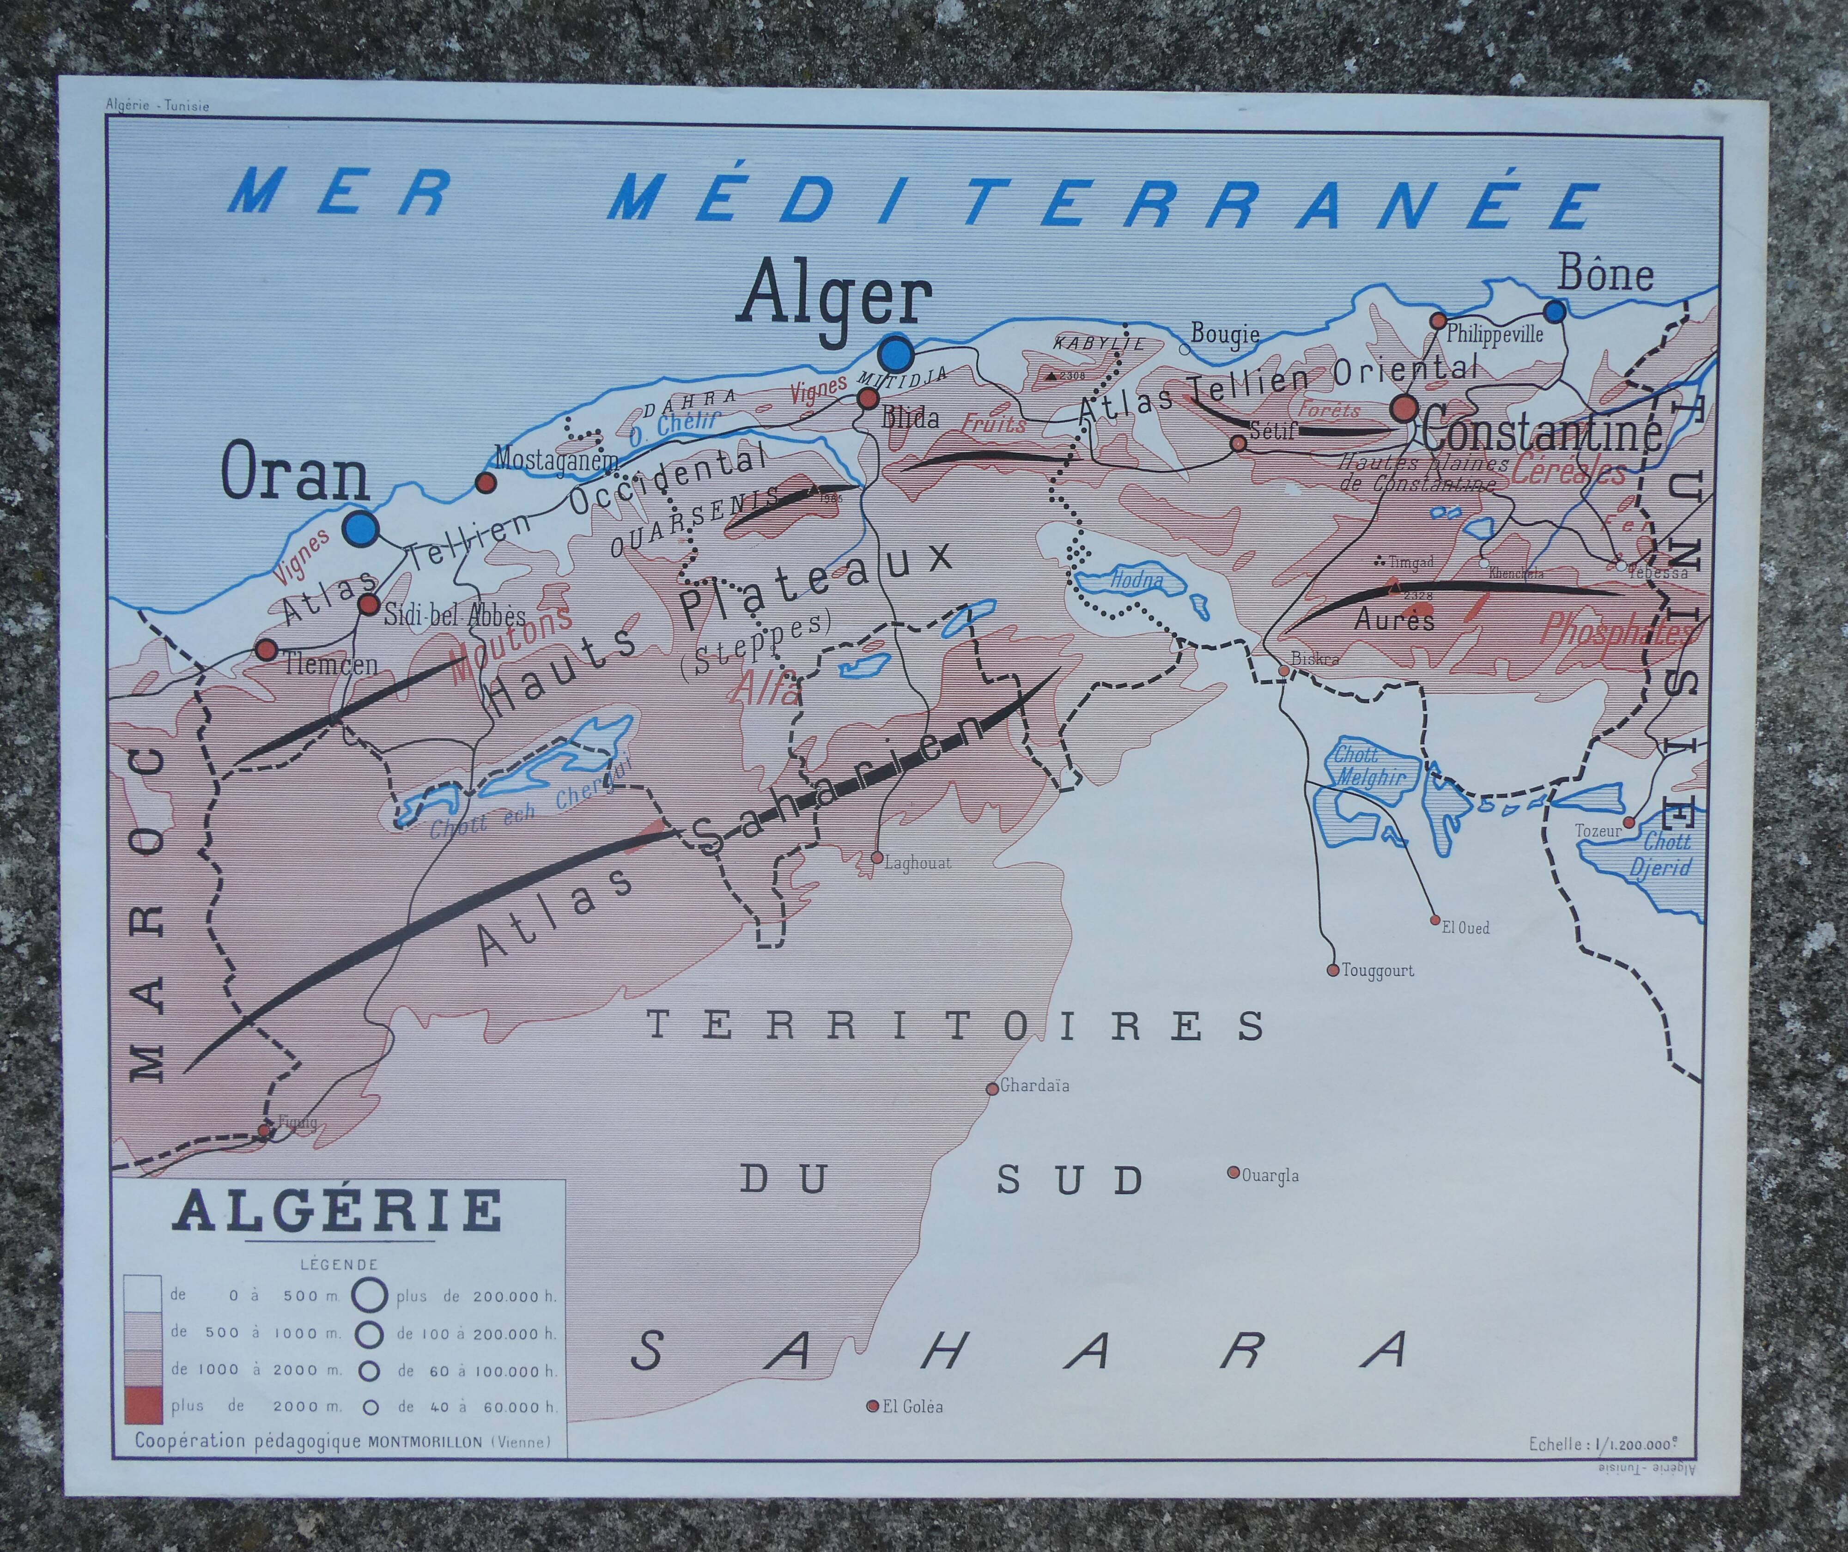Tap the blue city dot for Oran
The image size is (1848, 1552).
[361, 529]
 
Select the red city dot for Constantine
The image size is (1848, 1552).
[1404, 408]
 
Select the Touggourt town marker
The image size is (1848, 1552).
[1332, 970]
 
